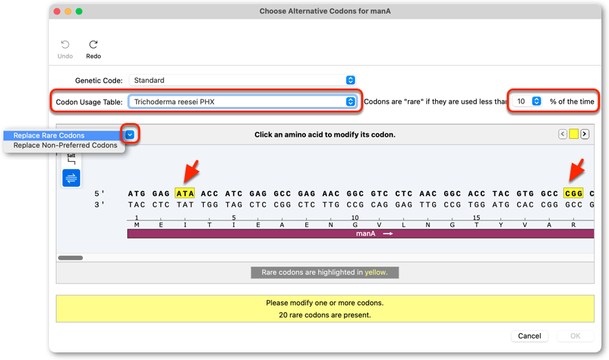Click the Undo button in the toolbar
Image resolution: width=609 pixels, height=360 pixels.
[65, 49]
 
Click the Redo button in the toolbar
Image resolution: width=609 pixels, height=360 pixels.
[93, 49]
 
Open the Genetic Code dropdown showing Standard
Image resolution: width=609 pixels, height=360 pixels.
[242, 80]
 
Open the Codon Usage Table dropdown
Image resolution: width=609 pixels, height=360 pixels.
[242, 102]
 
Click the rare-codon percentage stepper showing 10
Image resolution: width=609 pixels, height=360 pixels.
[527, 102]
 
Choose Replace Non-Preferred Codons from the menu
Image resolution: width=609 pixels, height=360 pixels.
[64, 145]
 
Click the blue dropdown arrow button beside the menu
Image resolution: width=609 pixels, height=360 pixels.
[130, 135]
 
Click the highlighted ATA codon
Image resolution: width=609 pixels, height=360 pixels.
[185, 193]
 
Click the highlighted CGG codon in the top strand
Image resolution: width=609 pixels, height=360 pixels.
[573, 193]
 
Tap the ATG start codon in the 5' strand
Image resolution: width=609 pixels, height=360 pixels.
[137, 193]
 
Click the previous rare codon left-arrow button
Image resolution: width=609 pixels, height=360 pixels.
[562, 134]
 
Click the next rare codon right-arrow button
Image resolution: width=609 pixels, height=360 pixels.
[585, 134]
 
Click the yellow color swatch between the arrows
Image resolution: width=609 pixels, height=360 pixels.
[574, 134]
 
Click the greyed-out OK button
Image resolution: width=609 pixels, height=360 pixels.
[575, 336]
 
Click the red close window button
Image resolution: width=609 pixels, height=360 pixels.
[57, 11]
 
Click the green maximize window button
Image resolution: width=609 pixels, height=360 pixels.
[79, 11]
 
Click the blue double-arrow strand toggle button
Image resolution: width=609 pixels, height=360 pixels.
[71, 178]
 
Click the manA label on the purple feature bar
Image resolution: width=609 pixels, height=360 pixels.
[365, 234]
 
